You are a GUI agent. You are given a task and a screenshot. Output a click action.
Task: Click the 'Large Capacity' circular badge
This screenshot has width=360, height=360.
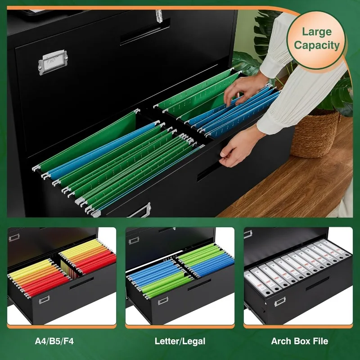click(x=320, y=39)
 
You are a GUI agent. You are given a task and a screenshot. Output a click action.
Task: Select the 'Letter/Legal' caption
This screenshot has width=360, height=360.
click(x=180, y=341)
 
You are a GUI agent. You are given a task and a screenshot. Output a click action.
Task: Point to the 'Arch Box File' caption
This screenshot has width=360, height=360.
click(x=299, y=341)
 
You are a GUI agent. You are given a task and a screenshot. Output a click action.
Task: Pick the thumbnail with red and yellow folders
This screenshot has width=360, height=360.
click(x=61, y=275)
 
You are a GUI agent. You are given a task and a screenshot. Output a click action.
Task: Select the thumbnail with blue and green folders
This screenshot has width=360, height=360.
click(x=180, y=275)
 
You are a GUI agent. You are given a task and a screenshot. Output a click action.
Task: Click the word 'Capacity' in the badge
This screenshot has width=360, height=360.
click(x=320, y=45)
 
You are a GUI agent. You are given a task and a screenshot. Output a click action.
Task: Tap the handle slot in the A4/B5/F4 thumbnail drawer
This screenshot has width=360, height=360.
click(x=81, y=282)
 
